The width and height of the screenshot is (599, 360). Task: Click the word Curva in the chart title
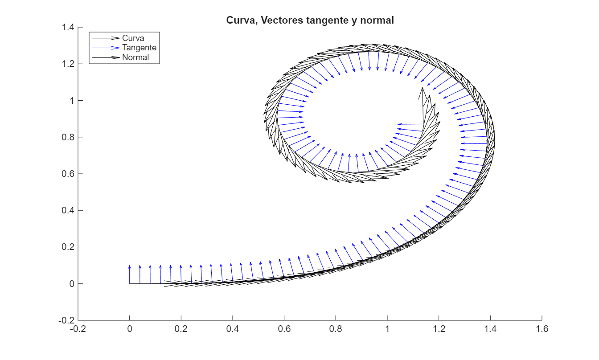pos(238,20)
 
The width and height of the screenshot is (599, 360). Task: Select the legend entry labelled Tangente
pos(139,48)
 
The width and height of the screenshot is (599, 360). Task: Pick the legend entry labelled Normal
pos(135,57)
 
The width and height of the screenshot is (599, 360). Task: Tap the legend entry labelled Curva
pos(133,38)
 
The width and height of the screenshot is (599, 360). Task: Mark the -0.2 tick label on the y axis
pos(66,320)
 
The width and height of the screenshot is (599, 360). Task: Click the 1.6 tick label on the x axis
pos(542,329)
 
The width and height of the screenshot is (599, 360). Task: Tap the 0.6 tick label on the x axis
pos(284,329)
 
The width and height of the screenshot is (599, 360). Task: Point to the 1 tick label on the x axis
pos(387,329)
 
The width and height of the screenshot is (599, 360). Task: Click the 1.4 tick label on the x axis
pos(490,329)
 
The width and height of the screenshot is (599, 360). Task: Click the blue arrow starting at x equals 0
pos(130,274)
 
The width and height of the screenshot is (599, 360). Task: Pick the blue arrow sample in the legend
pos(106,48)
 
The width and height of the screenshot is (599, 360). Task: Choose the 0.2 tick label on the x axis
pos(181,329)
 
